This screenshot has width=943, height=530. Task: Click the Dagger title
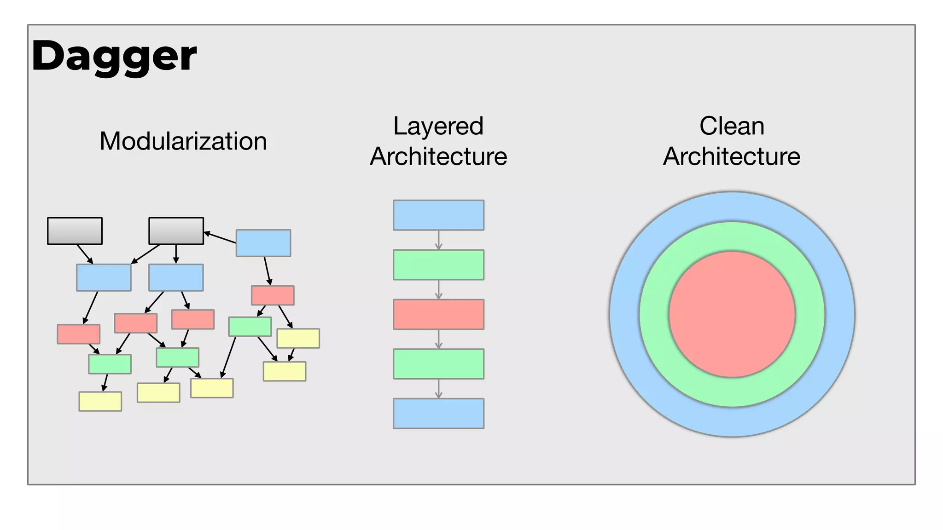[x=114, y=56]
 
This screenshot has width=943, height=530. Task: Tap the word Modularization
[x=183, y=141]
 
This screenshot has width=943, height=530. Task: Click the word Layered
[x=438, y=126]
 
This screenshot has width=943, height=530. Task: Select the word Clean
[x=732, y=126]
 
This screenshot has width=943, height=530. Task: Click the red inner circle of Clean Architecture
[x=732, y=314]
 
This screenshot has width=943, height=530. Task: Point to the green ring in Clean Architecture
[x=732, y=237]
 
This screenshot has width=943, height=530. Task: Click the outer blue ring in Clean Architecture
[x=732, y=207]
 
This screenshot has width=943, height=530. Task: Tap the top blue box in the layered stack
[x=438, y=215]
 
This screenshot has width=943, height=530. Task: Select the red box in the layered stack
[x=438, y=314]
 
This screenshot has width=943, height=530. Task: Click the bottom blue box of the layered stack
[x=438, y=414]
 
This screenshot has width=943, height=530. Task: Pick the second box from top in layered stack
[x=438, y=265]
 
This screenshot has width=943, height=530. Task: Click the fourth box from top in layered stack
[x=438, y=364]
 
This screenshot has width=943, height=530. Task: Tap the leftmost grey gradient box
[x=75, y=231]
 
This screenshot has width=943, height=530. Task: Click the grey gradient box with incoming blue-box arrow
[x=176, y=231]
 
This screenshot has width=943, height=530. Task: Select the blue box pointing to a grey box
[x=263, y=243]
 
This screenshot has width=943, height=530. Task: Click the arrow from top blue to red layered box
[x=438, y=240]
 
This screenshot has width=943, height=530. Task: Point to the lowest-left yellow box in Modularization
[x=100, y=401]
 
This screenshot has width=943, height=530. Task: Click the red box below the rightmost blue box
[x=273, y=295]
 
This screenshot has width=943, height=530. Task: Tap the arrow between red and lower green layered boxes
[x=438, y=340]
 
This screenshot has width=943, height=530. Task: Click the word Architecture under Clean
[x=732, y=156]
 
